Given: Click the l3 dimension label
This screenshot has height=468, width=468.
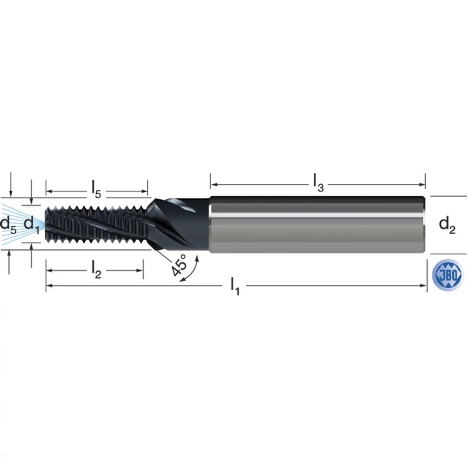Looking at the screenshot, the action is (x=318, y=183).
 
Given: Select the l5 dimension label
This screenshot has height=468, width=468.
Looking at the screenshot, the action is (x=96, y=190).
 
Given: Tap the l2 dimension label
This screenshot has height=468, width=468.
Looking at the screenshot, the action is (x=96, y=270).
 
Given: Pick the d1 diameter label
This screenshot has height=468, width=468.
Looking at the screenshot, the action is (x=31, y=224).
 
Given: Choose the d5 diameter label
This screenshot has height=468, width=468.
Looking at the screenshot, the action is (x=8, y=224).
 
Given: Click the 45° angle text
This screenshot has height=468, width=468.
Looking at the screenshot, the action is (x=179, y=265).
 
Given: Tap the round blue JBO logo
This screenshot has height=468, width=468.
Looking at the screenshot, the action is (x=447, y=275).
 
